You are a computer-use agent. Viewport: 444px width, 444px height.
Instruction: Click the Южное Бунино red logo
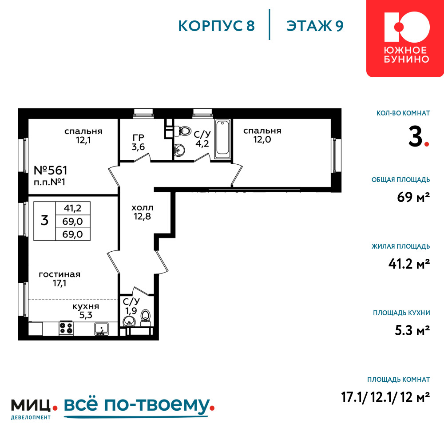pos(405,38)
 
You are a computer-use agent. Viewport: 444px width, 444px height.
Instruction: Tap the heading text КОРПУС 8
pos(217,26)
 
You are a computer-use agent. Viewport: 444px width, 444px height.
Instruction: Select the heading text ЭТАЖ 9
pos(315,26)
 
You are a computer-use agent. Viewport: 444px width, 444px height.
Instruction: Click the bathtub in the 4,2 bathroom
pos(223,139)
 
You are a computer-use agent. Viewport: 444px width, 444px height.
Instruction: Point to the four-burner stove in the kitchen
pos(66,329)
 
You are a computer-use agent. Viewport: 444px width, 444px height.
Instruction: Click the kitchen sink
pos(101,329)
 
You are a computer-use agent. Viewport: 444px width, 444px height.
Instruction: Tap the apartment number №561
pos(51,170)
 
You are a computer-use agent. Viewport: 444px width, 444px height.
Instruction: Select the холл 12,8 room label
pos(143,212)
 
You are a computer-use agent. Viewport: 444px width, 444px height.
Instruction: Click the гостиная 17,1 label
pos(59,279)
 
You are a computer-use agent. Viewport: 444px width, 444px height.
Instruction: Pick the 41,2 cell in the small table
pos(73,208)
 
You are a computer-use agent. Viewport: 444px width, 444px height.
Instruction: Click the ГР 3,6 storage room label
pos(138,142)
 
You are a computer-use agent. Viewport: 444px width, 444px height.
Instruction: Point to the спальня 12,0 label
pos(262,135)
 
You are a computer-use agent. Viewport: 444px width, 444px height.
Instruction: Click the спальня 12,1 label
pos(83,135)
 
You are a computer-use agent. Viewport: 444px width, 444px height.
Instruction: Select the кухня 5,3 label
pos(86,311)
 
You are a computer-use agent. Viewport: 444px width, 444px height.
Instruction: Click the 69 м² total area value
pos(413,197)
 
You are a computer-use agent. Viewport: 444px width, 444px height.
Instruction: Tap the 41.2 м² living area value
pos(409,264)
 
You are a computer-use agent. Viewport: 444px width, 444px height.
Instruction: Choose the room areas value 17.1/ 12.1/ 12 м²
pos(386,397)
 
